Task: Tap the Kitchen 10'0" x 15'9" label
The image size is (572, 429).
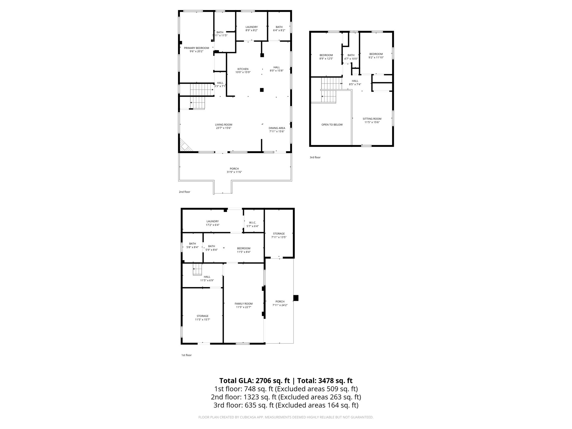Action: pyautogui.click(x=243, y=71)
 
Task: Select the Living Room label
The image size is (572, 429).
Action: pyautogui.click(x=223, y=126)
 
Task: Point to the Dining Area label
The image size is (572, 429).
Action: pyautogui.click(x=277, y=130)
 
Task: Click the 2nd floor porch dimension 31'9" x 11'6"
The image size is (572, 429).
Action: pyautogui.click(x=234, y=172)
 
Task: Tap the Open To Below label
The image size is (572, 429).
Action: pyautogui.click(x=332, y=125)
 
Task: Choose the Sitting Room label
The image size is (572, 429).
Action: pyautogui.click(x=372, y=120)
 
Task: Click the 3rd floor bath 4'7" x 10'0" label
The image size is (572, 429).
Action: pyautogui.click(x=351, y=57)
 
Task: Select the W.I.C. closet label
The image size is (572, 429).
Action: pyautogui.click(x=252, y=224)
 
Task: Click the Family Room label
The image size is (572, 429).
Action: pyautogui.click(x=244, y=305)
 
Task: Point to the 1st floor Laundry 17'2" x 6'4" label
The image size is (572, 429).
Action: pyautogui.click(x=213, y=223)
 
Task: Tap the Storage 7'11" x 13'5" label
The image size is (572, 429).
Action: pyautogui.click(x=279, y=235)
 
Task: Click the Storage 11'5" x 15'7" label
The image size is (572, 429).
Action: pyautogui.click(x=202, y=318)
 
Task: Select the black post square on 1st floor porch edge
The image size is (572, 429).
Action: pyautogui.click(x=296, y=298)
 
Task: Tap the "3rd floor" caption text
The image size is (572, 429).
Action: pyautogui.click(x=315, y=158)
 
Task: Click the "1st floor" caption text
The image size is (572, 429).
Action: pyautogui.click(x=186, y=355)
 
